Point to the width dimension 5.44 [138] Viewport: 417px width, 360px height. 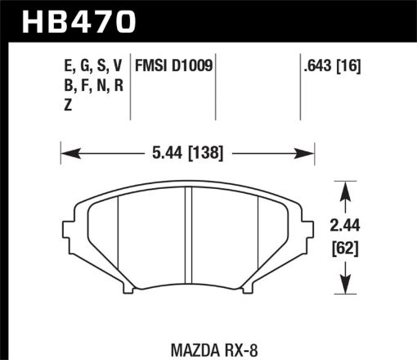tap(188, 152)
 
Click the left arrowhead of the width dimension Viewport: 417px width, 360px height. tap(68, 152)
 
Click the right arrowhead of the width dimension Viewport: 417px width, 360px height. tap(308, 152)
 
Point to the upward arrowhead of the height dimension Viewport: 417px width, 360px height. tap(344, 189)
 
